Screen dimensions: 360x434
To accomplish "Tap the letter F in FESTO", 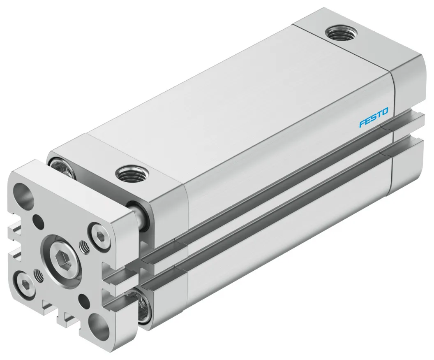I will [362, 124].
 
